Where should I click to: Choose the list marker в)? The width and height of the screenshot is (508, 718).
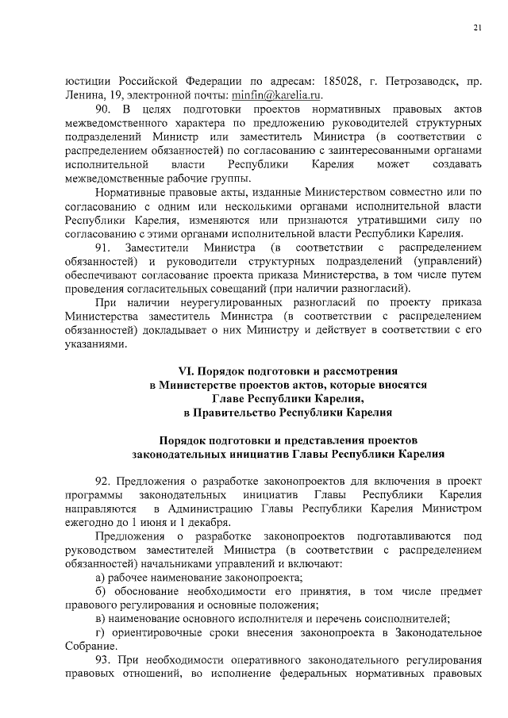(100, 619)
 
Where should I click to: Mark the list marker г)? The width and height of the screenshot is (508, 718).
(100, 632)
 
